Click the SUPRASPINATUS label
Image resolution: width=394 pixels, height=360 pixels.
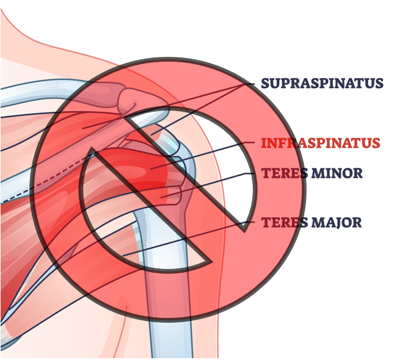(322, 84)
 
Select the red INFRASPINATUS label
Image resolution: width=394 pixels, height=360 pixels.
(321, 143)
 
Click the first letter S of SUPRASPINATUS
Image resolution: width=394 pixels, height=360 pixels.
(266, 84)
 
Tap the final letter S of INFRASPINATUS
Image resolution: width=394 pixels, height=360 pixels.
(376, 143)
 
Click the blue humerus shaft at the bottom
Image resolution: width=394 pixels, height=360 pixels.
(168, 329)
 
